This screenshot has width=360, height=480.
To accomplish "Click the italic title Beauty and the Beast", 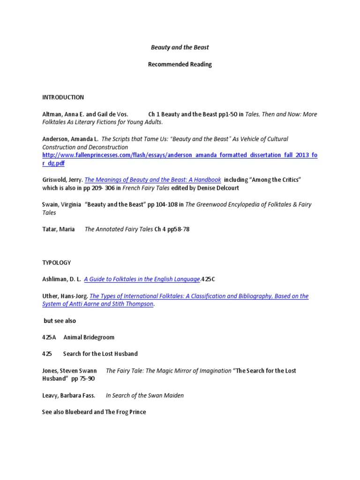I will click(180, 48).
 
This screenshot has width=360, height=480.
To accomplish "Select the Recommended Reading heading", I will click(180, 65).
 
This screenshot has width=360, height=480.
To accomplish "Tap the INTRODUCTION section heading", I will click(63, 97).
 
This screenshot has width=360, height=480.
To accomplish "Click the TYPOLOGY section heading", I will click(57, 262).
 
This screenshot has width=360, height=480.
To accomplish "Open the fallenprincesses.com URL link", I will click(180, 155).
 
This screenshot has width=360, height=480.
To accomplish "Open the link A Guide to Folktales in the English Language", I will click(142, 279).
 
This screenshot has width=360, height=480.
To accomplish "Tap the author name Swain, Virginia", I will click(61, 204).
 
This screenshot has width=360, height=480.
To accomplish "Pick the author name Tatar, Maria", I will click(59, 229).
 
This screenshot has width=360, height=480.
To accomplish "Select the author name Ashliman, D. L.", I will click(61, 279).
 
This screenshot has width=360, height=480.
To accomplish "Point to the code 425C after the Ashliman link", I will click(209, 279).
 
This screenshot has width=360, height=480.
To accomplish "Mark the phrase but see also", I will click(60, 321).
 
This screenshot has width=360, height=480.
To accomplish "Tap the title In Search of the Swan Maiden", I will click(145, 395).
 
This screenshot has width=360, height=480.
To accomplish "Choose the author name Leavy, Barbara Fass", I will click(69, 395).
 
